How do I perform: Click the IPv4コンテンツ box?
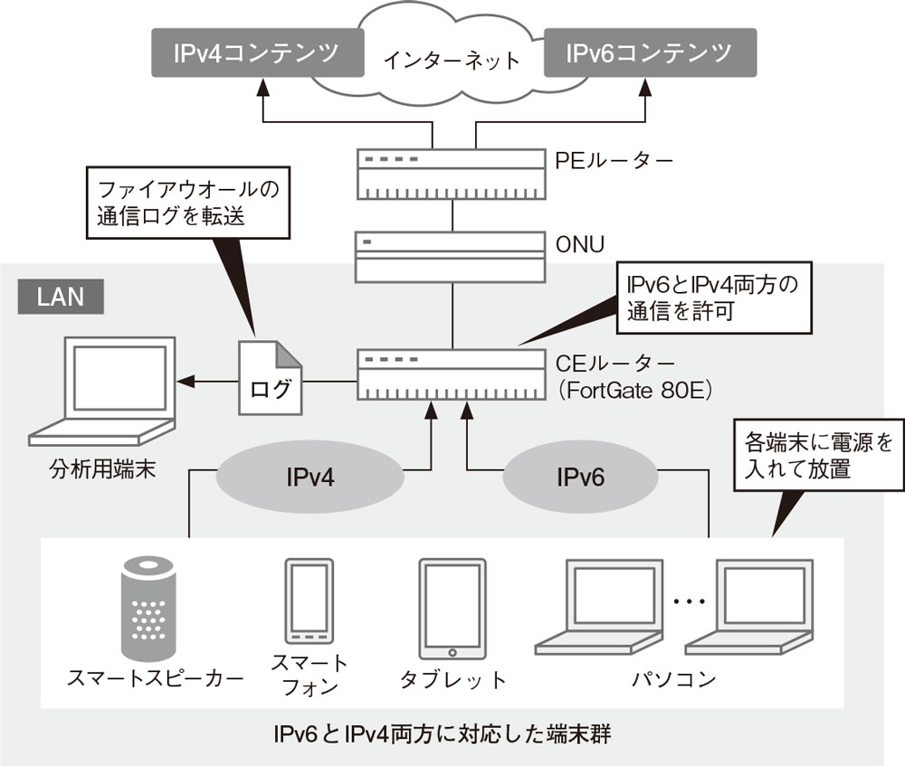257,53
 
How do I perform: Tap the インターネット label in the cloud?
452,61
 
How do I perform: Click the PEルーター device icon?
452,175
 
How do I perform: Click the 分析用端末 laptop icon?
101,392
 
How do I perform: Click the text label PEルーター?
614,162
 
